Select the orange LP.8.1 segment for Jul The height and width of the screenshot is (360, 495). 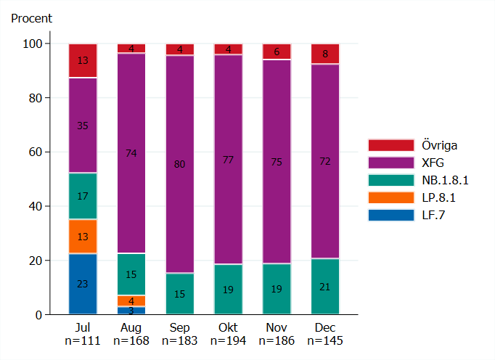tap(83, 236)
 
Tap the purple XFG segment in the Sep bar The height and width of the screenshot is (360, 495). tap(179, 164)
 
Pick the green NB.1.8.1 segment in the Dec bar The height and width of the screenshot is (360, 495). tap(324, 287)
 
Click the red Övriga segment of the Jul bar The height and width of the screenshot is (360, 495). tap(83, 60)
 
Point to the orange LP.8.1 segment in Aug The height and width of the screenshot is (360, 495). tap(131, 300)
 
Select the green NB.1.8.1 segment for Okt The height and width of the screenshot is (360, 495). tap(228, 289)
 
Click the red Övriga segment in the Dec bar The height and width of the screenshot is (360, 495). tap(324, 54)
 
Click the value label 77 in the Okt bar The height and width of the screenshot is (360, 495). tap(228, 160)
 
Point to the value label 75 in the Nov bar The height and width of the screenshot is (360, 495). tap(276, 162)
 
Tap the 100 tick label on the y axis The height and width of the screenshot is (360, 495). tap(32, 44)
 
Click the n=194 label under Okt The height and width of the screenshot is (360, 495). tap(228, 340)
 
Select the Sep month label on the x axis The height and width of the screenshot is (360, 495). tap(179, 327)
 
